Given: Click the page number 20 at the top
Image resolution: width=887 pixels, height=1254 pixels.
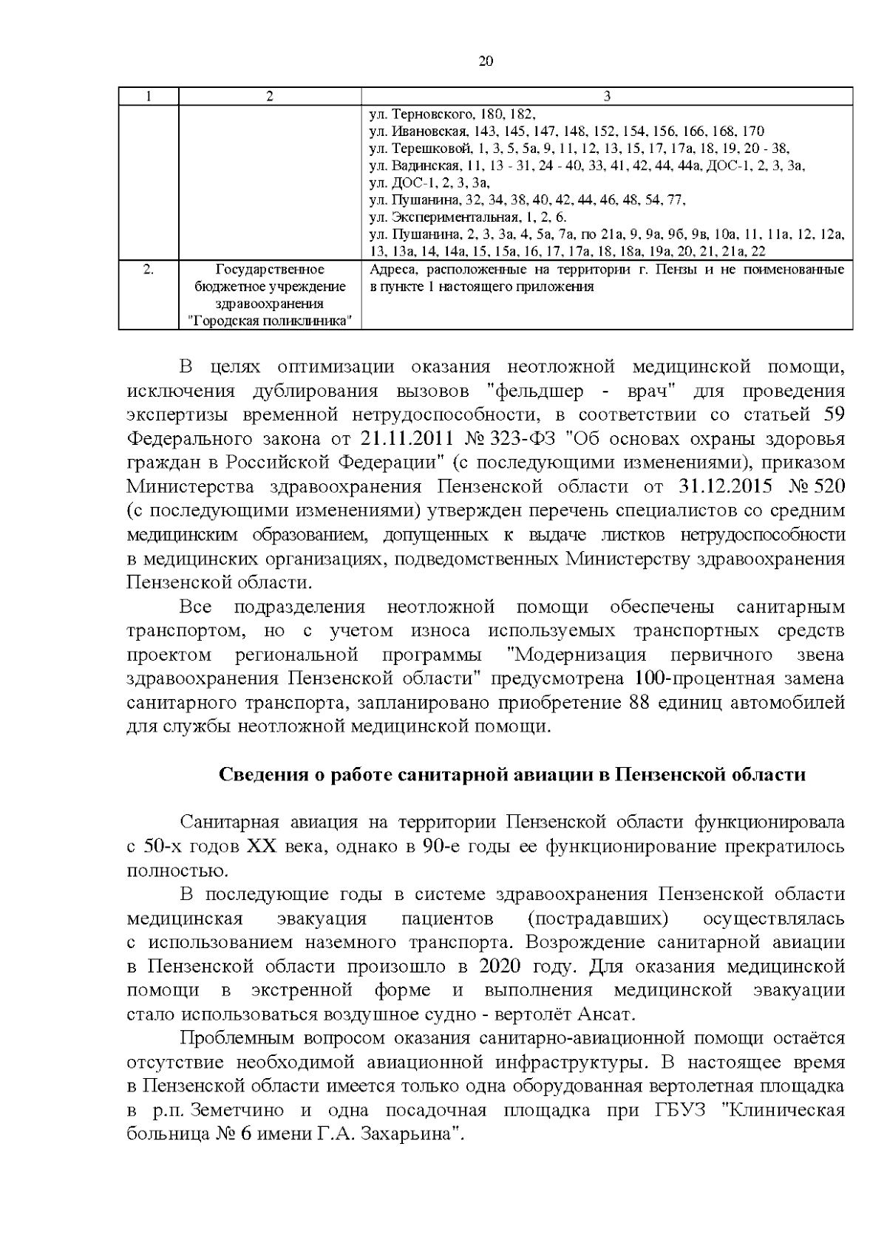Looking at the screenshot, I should coord(486,61).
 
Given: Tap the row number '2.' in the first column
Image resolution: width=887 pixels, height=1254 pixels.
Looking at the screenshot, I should coord(148,270).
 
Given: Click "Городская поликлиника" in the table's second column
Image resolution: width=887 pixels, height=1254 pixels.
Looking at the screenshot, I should coord(269,320).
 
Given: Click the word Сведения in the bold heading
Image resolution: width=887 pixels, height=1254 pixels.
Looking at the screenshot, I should coord(262,775).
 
